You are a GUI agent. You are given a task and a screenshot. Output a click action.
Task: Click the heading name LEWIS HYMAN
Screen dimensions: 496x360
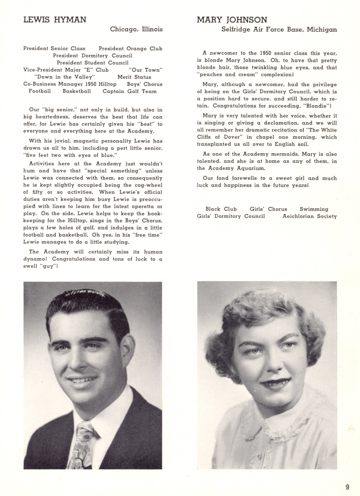[x=55, y=20]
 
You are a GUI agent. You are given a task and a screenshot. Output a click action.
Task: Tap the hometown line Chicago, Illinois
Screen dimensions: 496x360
[x=136, y=29]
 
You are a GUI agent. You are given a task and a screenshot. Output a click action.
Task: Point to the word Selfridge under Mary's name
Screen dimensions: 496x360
[x=236, y=30]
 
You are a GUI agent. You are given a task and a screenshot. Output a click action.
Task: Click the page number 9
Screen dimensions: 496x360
[x=347, y=487]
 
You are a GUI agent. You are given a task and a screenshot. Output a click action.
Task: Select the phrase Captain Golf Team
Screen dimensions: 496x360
[x=130, y=91]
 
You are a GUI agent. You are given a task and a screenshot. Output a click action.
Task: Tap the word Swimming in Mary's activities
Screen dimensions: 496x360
[x=314, y=209]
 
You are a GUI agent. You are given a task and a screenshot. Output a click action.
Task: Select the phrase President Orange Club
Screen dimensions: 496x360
[x=130, y=49]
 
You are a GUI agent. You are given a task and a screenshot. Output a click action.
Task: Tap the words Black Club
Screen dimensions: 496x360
[x=221, y=209]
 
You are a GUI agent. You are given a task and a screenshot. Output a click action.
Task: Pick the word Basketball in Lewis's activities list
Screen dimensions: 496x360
[x=77, y=91]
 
